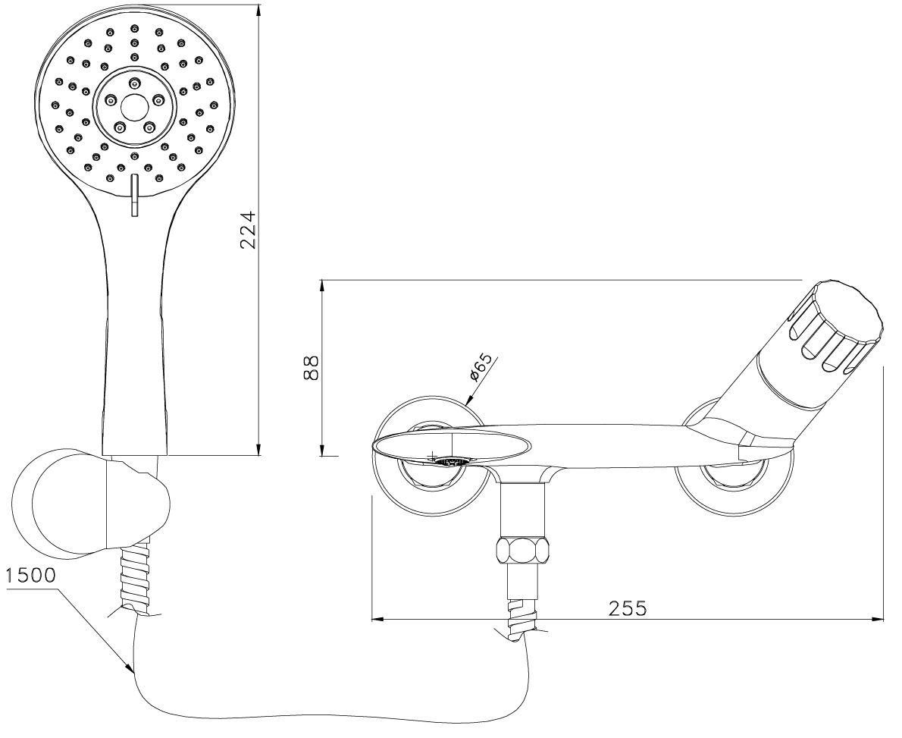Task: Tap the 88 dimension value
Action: tap(312, 367)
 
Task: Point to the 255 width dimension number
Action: tap(628, 608)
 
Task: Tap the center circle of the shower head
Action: tap(134, 105)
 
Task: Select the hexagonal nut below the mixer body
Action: tap(523, 551)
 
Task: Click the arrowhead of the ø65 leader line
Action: tap(468, 400)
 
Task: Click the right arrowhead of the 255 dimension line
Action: tap(878, 620)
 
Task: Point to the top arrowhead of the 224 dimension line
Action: tap(258, 11)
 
